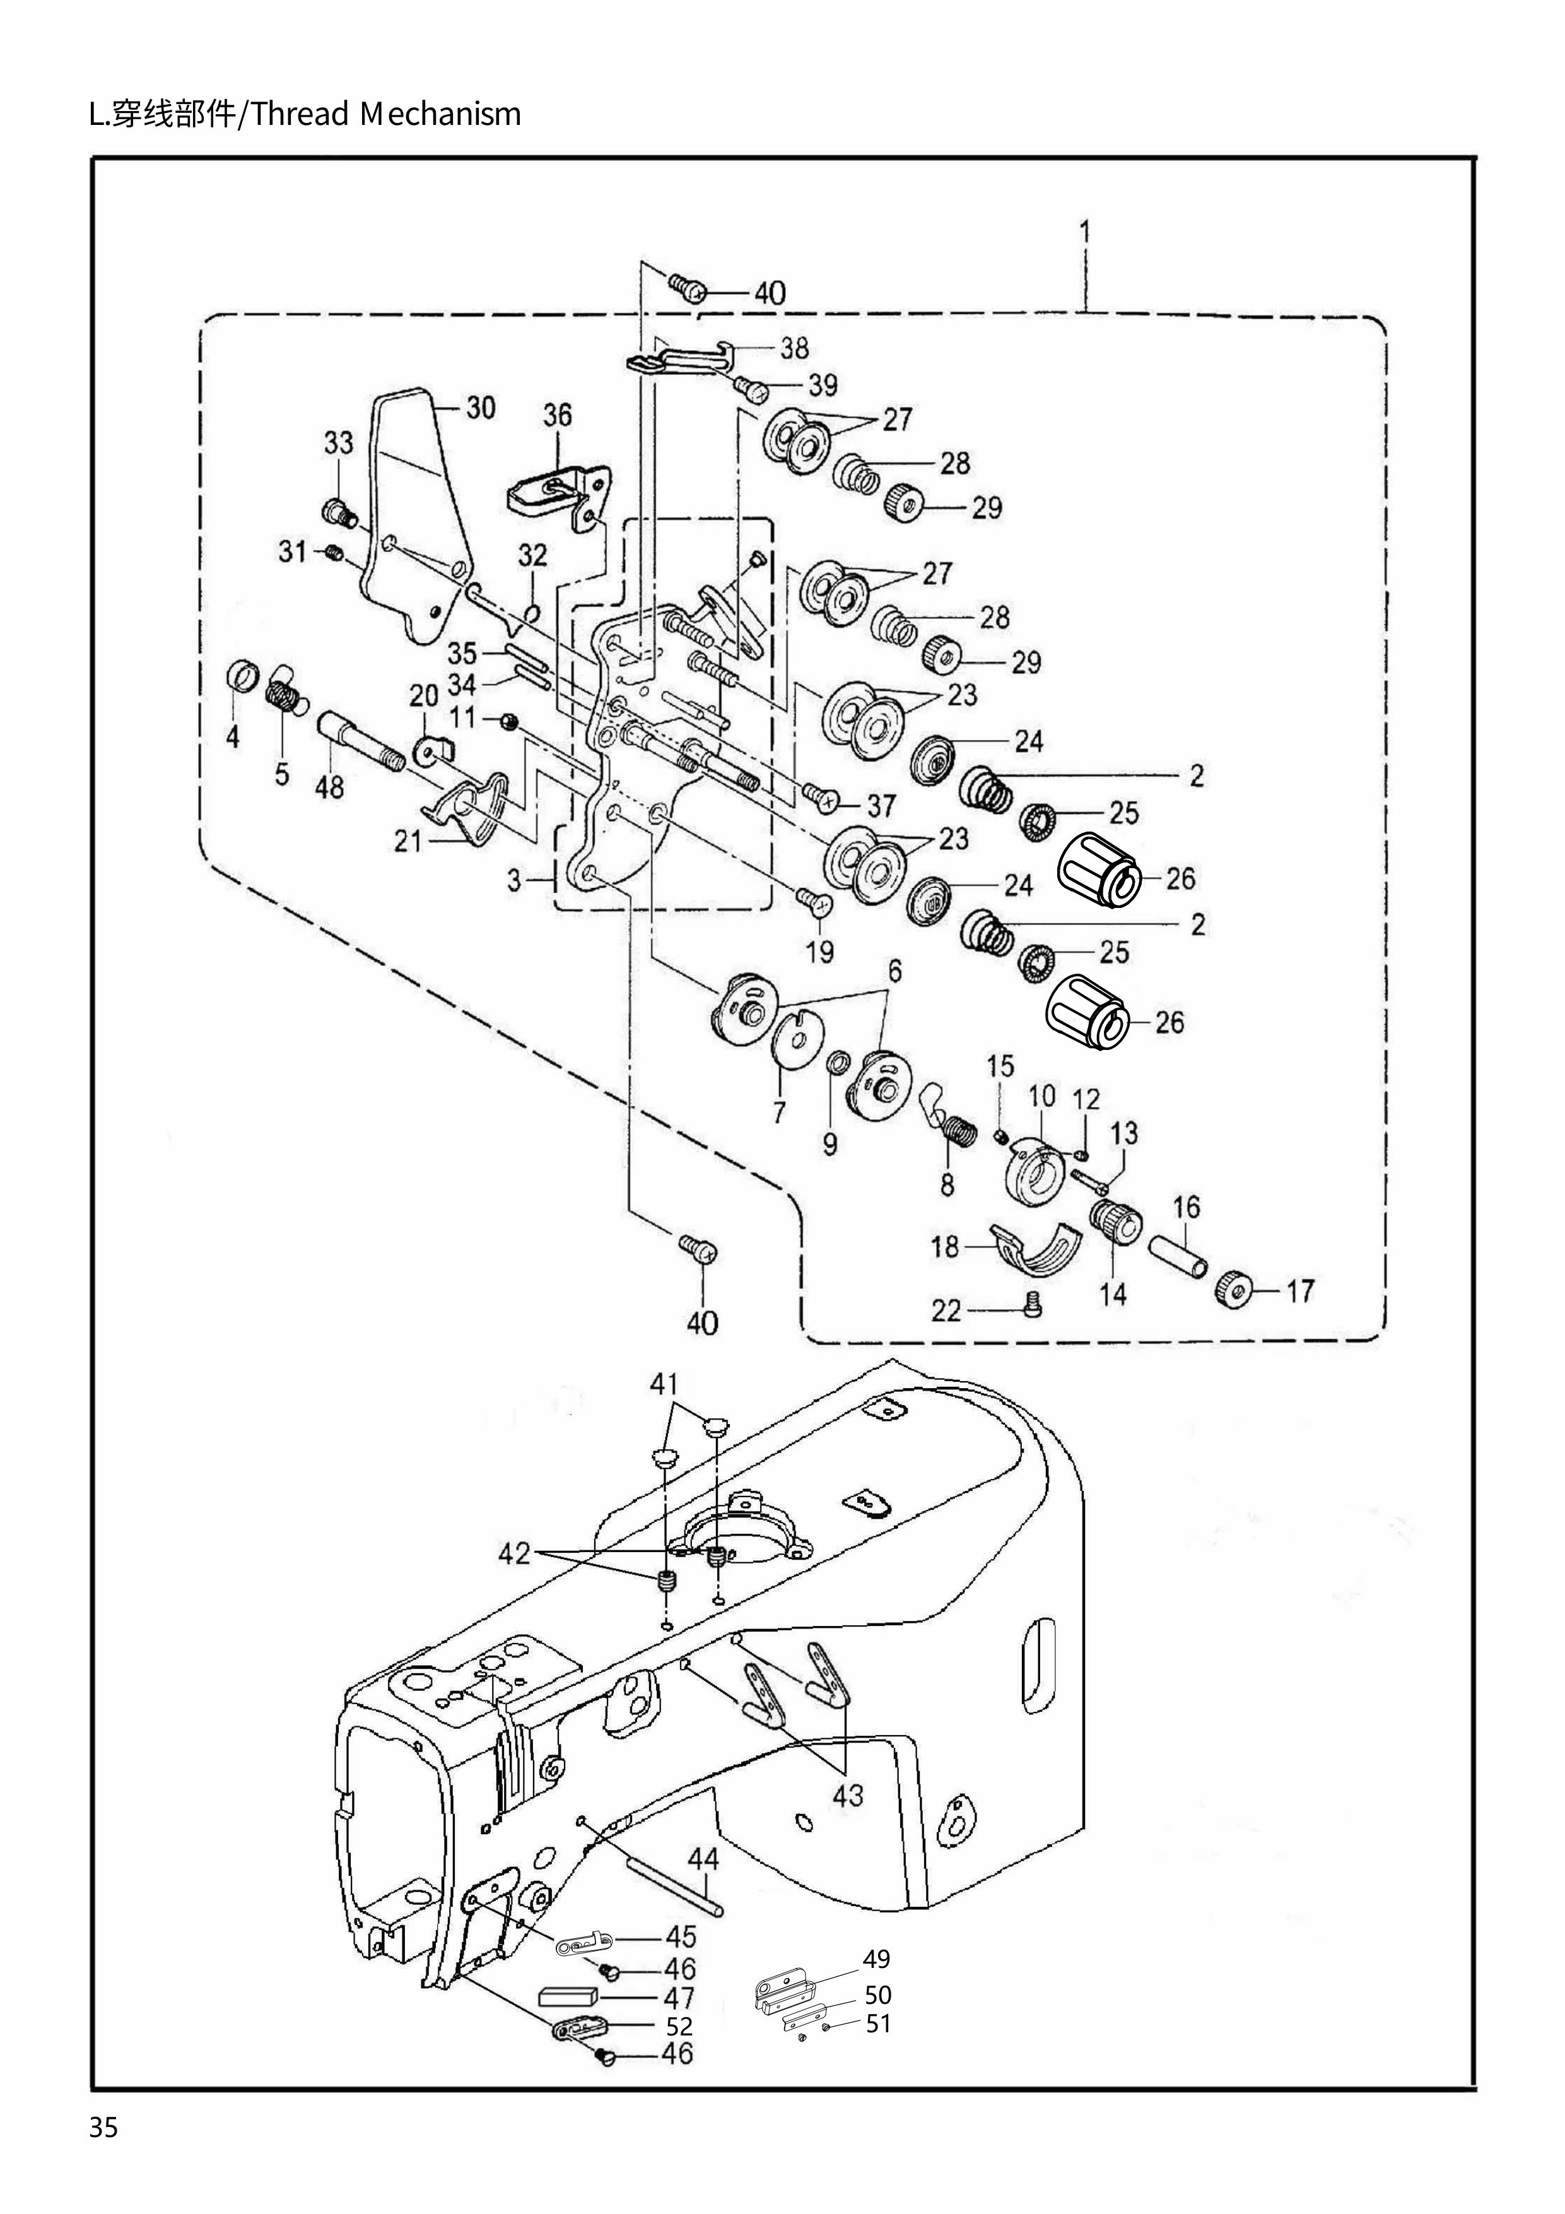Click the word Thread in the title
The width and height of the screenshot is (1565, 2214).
pyautogui.click(x=302, y=115)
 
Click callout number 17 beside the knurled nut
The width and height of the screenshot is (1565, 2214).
pyautogui.click(x=1300, y=1290)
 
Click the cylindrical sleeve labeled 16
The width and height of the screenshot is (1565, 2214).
pyautogui.click(x=1176, y=1257)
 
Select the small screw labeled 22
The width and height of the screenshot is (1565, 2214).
pyautogui.click(x=1030, y=1307)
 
